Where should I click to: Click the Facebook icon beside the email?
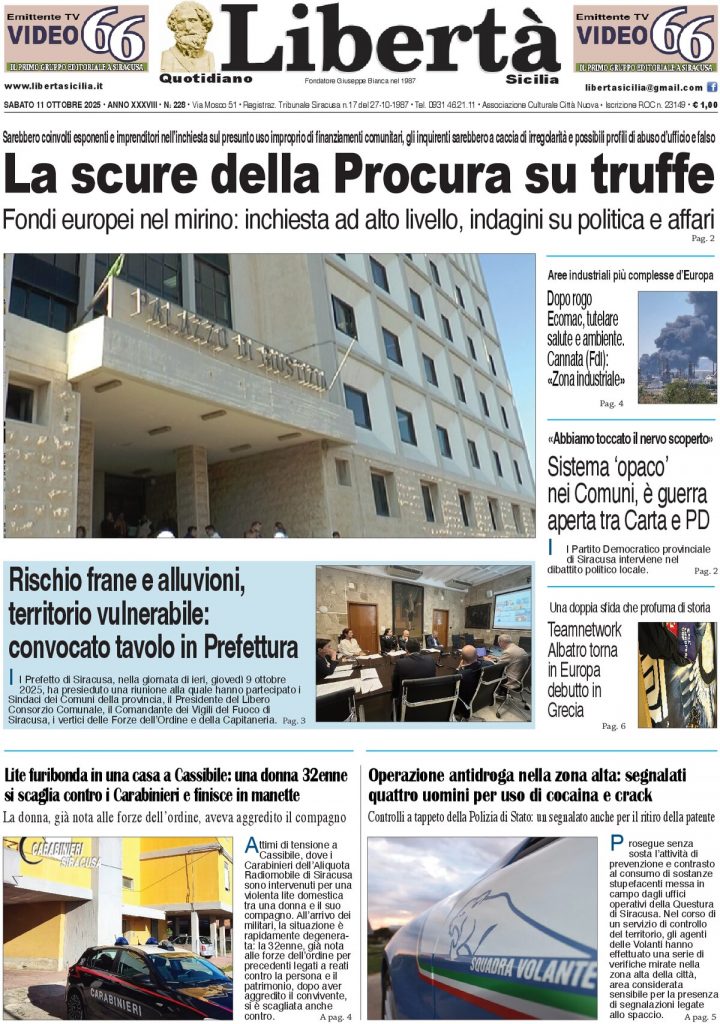tap(711, 88)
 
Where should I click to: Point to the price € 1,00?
tap(701, 104)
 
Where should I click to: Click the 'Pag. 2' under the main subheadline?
tap(703, 238)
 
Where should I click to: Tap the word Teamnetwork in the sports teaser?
tap(584, 629)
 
